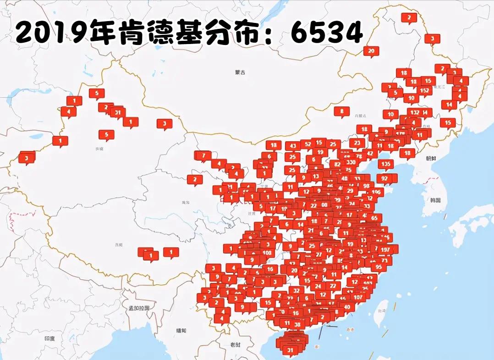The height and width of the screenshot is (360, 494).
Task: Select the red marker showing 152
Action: click(424, 90)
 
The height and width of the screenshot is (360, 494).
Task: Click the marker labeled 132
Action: click(415, 112)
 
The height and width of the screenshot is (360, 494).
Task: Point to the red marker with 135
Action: click(386, 164)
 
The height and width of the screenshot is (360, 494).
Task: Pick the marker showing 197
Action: click(385, 249)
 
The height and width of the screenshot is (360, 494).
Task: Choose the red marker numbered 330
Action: click(351, 162)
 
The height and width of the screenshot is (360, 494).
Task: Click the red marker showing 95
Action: click(379, 267)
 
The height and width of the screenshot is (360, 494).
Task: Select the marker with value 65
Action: click(374, 218)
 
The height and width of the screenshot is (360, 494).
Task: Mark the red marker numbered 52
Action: click(308, 144)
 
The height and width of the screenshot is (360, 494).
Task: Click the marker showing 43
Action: click(293, 146)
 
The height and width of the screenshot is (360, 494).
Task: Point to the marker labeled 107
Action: click(358, 297)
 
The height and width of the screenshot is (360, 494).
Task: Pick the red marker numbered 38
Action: click(297, 325)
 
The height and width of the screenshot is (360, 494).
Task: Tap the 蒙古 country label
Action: click(240, 72)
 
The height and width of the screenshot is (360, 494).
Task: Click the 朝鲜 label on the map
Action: click(431, 158)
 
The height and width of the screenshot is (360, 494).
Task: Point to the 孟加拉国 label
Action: click(138, 308)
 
